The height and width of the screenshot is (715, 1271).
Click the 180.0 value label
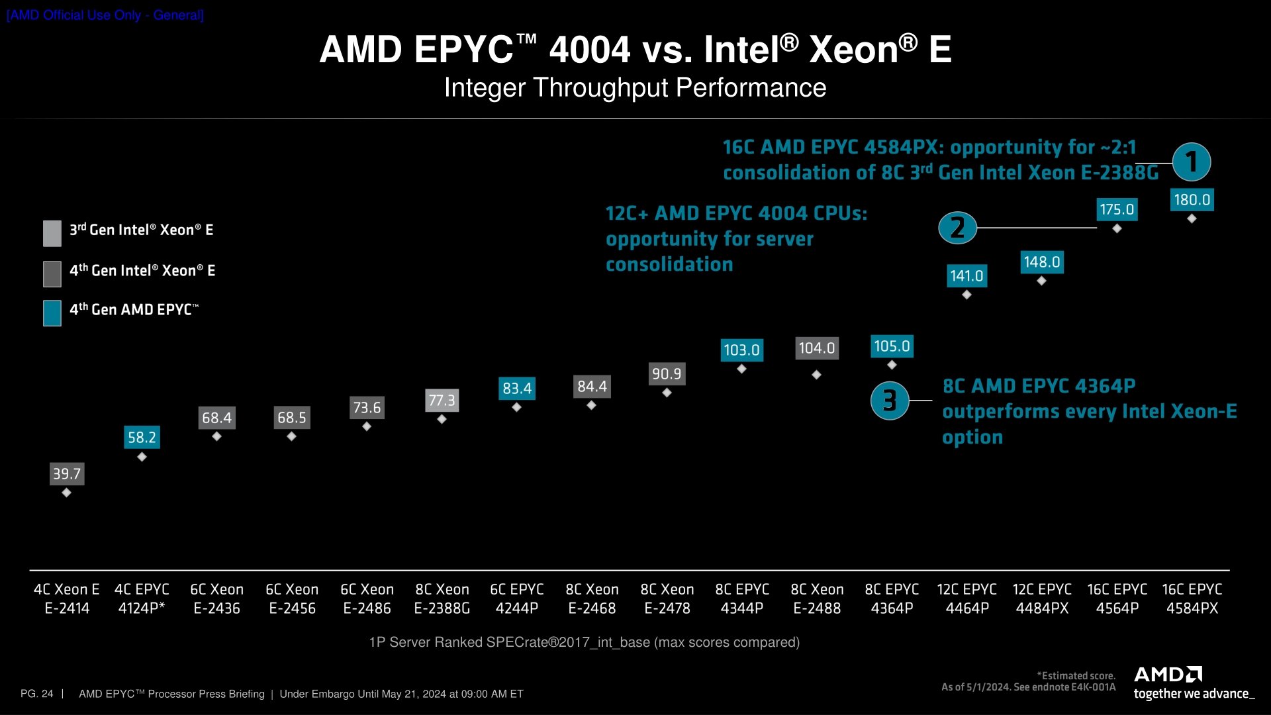(x=1192, y=200)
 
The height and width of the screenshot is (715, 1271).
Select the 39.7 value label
(x=67, y=474)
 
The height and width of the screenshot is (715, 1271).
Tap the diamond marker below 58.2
(x=142, y=457)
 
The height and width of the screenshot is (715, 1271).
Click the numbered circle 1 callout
(x=1192, y=162)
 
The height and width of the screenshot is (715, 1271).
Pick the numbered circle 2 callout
(x=957, y=228)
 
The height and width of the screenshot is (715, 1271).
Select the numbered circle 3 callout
(x=889, y=401)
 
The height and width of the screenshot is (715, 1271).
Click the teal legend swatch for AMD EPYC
(x=52, y=313)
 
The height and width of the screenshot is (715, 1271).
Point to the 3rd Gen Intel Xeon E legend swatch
(x=52, y=233)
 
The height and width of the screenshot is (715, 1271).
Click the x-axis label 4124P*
(x=142, y=608)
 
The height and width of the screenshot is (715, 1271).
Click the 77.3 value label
(x=442, y=401)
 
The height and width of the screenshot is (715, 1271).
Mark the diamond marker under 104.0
(x=816, y=375)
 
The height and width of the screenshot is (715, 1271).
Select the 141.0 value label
(x=966, y=276)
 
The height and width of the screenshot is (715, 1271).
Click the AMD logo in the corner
(x=1168, y=675)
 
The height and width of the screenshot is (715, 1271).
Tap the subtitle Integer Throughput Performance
(x=635, y=88)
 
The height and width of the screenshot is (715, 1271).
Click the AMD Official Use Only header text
(x=105, y=15)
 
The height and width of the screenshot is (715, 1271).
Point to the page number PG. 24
(x=36, y=694)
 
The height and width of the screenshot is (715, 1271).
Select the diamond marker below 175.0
(x=1117, y=228)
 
